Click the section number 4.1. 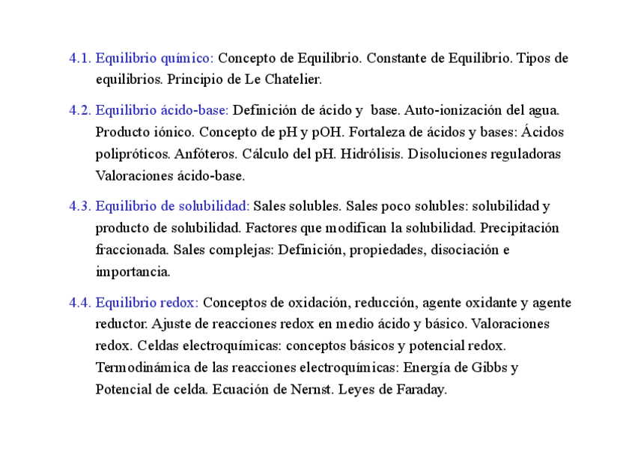pos(80,58)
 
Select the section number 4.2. pos(80,110)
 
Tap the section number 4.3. pos(80,205)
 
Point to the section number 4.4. pos(80,303)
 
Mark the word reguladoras pos(525,154)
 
